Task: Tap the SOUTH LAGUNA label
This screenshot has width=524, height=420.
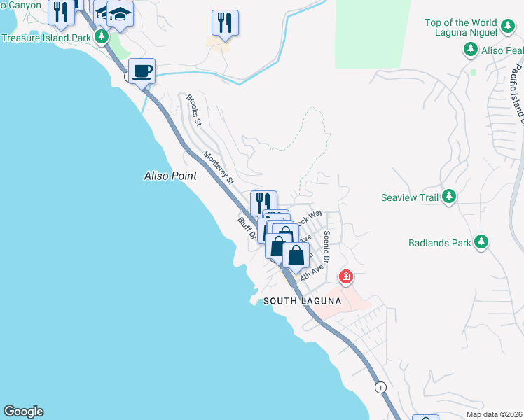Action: [302, 301]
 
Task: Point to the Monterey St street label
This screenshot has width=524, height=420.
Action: [219, 168]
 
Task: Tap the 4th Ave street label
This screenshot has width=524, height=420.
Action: [312, 271]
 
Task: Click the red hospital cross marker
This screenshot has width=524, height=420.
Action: [345, 277]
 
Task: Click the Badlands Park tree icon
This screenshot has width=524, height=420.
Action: [481, 242]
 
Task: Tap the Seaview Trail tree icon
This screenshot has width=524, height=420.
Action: [450, 197]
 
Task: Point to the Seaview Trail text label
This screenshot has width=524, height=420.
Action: [410, 197]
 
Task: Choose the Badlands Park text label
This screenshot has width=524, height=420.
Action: [439, 244]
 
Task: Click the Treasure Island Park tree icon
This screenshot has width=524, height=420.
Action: [102, 36]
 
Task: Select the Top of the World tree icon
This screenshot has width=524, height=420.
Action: [509, 27]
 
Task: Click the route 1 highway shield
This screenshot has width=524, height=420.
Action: [380, 387]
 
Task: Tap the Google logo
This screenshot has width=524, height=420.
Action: [23, 412]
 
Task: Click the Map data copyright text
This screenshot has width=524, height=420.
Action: [493, 414]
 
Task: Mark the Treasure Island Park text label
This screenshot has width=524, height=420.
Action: [46, 37]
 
